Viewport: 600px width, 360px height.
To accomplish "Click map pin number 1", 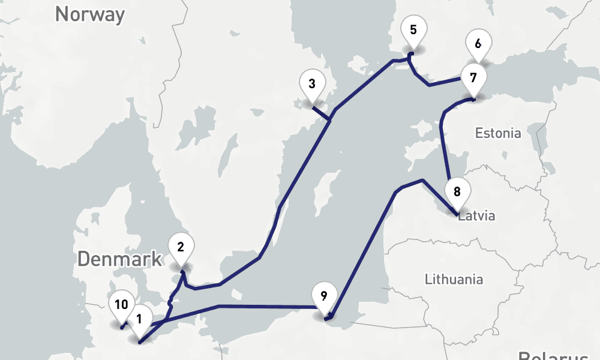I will (139, 318).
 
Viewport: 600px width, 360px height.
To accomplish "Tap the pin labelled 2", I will (181, 246).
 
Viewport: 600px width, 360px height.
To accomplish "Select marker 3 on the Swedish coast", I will (311, 84).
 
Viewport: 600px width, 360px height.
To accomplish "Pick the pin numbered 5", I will (413, 29).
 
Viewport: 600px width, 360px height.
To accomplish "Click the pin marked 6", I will (478, 44).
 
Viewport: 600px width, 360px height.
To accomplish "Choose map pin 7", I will (473, 78).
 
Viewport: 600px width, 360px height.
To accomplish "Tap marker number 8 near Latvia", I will (457, 193).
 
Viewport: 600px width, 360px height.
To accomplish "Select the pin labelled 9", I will (323, 296).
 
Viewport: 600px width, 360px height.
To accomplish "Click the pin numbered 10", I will (121, 305).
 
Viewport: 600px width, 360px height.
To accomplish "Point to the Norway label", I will (90, 14).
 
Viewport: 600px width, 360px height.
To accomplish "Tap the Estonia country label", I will (498, 133).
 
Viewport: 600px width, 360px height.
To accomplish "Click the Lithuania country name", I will (454, 279).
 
